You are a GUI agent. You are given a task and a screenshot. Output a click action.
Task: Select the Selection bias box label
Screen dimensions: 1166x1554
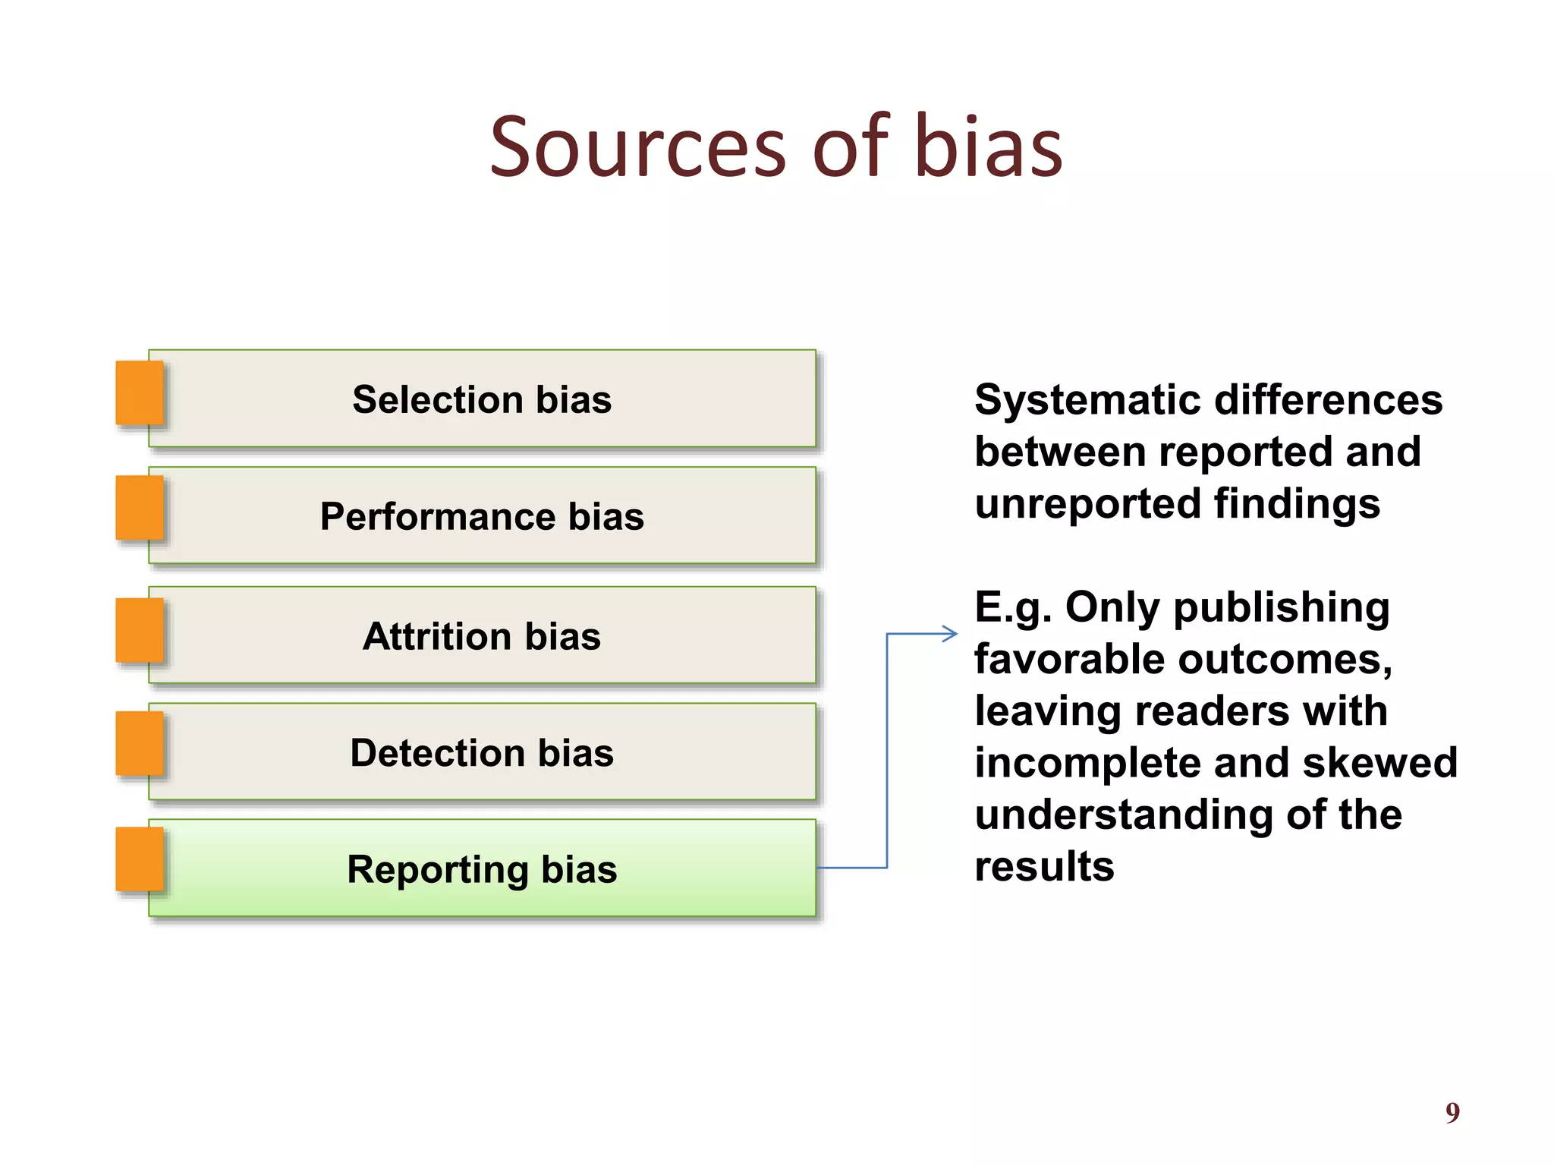482,399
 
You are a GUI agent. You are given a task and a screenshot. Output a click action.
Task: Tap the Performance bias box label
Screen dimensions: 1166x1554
482,517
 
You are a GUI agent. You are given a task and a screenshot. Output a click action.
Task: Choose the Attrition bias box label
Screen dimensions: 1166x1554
482,636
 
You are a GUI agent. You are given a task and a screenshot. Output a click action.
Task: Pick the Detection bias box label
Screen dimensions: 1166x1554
482,753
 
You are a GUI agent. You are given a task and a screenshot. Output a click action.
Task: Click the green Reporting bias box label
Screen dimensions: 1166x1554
482,869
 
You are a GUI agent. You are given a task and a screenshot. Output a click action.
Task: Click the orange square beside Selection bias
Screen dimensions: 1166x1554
140,392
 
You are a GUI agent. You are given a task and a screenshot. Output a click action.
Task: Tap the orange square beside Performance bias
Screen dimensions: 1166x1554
140,508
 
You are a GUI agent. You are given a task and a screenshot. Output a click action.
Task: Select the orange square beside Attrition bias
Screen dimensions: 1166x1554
140,630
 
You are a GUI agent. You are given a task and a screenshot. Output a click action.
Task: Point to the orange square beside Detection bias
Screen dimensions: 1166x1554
140,744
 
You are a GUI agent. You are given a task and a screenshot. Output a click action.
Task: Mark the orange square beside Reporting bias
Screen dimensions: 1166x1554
140,859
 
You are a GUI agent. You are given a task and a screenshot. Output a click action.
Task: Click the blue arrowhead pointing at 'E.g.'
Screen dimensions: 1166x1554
950,634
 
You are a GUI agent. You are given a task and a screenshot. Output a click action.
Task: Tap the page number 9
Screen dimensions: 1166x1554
1452,1113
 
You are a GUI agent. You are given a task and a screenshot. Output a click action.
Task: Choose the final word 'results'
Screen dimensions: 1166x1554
1044,867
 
